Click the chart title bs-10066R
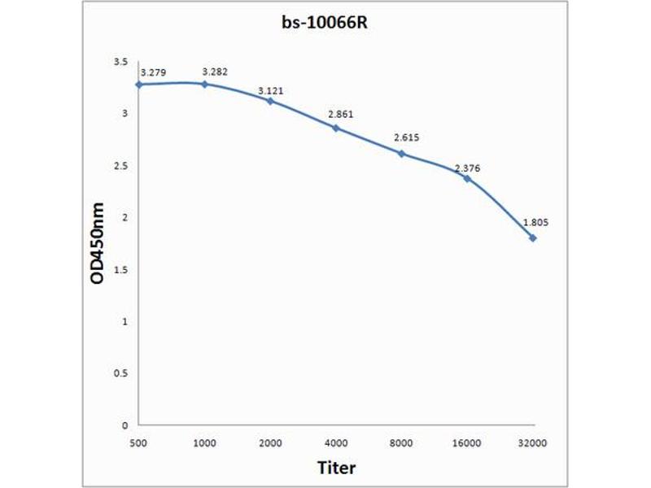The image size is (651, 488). point(325,24)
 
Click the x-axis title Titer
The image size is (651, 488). point(336,468)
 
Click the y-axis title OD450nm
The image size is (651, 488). point(98,243)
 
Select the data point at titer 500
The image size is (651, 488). point(139,85)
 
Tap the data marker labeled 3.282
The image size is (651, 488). point(205,84)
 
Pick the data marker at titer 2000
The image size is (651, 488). point(270,101)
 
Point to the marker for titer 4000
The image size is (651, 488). point(336,128)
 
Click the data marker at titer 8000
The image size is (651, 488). point(402,153)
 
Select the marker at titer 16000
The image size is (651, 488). point(467,178)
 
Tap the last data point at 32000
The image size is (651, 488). point(533,237)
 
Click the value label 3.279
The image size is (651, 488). point(154,73)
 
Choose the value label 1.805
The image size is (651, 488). point(534,222)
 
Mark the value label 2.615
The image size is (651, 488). point(405,138)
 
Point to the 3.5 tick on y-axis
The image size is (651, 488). point(120,62)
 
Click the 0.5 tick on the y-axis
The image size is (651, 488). point(120,373)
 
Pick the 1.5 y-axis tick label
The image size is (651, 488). point(120,269)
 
